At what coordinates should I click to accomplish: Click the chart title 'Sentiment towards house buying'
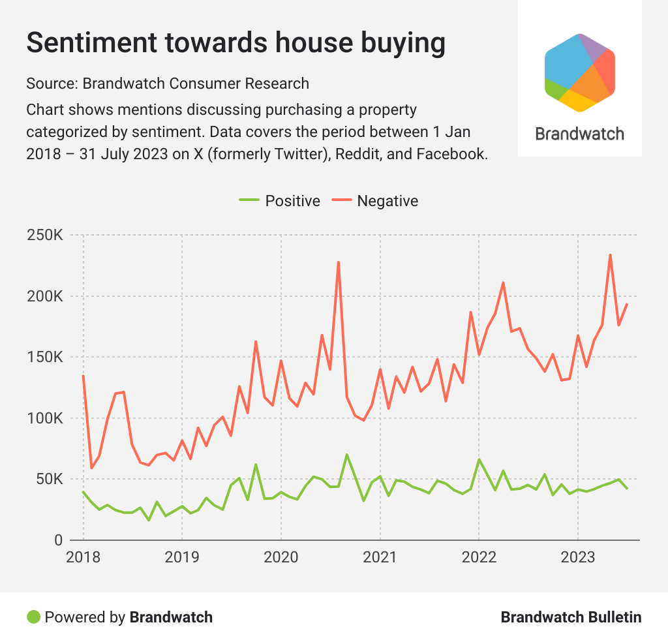point(235,43)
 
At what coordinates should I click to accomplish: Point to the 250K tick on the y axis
point(44,236)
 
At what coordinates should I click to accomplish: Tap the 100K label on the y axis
point(44,419)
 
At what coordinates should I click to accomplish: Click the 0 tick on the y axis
point(57,540)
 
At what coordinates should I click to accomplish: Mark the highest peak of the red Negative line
point(610,255)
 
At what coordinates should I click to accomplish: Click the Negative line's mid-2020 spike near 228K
point(339,262)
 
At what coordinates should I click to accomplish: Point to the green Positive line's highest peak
point(347,455)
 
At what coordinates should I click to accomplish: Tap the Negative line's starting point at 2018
point(83,376)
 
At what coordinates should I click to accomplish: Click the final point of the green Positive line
point(627,488)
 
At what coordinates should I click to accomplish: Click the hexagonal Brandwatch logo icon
point(580,72)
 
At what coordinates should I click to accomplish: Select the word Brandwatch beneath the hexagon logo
point(580,134)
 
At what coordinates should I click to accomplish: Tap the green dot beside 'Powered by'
point(33,617)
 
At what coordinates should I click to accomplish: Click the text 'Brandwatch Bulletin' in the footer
point(571,617)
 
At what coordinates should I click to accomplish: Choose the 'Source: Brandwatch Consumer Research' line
point(168,84)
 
